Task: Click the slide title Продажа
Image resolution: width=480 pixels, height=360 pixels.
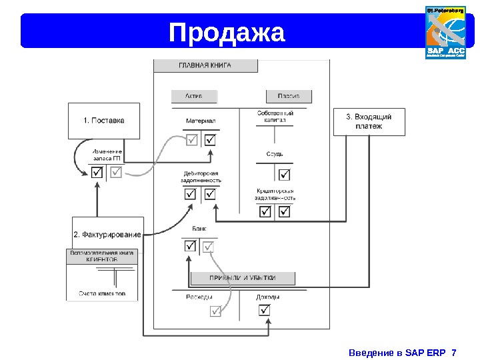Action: click(x=227, y=33)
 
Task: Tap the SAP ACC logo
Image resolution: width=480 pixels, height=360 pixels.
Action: click(x=446, y=32)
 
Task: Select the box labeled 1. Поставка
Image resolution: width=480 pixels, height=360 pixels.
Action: click(x=103, y=121)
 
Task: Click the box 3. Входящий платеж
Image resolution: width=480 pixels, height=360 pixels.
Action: click(x=369, y=121)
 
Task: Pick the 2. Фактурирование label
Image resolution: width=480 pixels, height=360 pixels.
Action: click(x=107, y=234)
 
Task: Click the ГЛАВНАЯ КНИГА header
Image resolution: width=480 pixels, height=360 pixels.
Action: click(x=205, y=66)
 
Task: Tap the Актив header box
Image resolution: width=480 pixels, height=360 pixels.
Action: click(x=194, y=97)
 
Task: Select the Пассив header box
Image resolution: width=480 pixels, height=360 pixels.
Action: click(x=289, y=97)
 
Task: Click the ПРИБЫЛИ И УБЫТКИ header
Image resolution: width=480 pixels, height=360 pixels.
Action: click(x=243, y=277)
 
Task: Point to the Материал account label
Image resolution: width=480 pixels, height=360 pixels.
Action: click(x=201, y=121)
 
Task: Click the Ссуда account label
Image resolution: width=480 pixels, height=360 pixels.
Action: click(x=275, y=154)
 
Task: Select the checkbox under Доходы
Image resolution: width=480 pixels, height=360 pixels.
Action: click(x=265, y=310)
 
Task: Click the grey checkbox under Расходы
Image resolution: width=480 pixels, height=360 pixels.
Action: click(x=215, y=311)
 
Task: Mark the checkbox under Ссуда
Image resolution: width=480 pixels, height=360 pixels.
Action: click(x=285, y=175)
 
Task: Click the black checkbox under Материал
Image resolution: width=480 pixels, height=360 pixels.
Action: click(x=211, y=140)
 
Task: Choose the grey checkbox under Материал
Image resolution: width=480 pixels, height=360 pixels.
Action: click(x=191, y=140)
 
